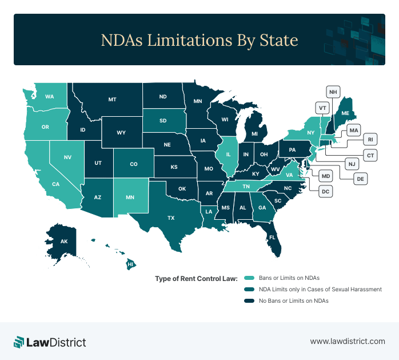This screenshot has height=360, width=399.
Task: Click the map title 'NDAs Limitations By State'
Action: pos(199,40)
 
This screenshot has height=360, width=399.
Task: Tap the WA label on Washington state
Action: pos(50,97)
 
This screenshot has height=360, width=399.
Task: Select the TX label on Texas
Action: pos(170,218)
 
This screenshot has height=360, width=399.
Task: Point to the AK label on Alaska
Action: pos(64,242)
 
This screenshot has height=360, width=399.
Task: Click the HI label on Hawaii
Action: pos(130,264)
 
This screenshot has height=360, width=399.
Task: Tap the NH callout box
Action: pos(333,92)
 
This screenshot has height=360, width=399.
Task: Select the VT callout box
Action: pos(323,108)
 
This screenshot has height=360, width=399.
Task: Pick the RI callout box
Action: pos(370,139)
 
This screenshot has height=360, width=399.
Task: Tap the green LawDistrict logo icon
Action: pos(19,342)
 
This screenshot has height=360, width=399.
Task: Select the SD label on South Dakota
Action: pos(163,121)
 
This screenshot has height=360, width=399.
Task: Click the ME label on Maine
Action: pos(345,114)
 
